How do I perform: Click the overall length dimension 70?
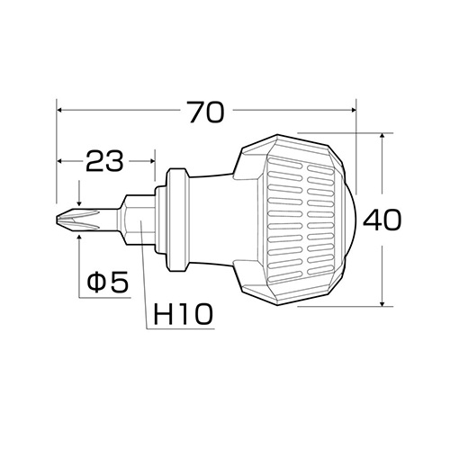[x=206, y=112]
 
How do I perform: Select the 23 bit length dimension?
[x=104, y=161]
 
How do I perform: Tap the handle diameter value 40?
[x=382, y=220]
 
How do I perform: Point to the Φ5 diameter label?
[x=108, y=282]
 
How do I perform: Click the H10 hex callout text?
[x=183, y=313]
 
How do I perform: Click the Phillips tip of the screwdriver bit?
[x=78, y=220]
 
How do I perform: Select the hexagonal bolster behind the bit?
[x=137, y=220]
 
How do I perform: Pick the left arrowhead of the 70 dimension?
[x=59, y=111]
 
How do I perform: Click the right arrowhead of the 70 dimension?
[x=353, y=111]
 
